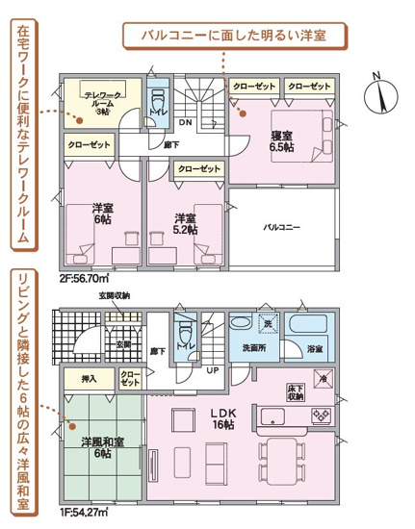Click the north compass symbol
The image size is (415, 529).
(387, 93)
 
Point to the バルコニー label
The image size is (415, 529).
(285, 228)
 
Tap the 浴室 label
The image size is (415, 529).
(314, 347)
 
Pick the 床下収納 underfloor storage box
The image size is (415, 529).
(295, 390)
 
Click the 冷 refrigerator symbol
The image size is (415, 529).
(322, 378)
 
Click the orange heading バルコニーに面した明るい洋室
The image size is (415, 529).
(232, 35)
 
